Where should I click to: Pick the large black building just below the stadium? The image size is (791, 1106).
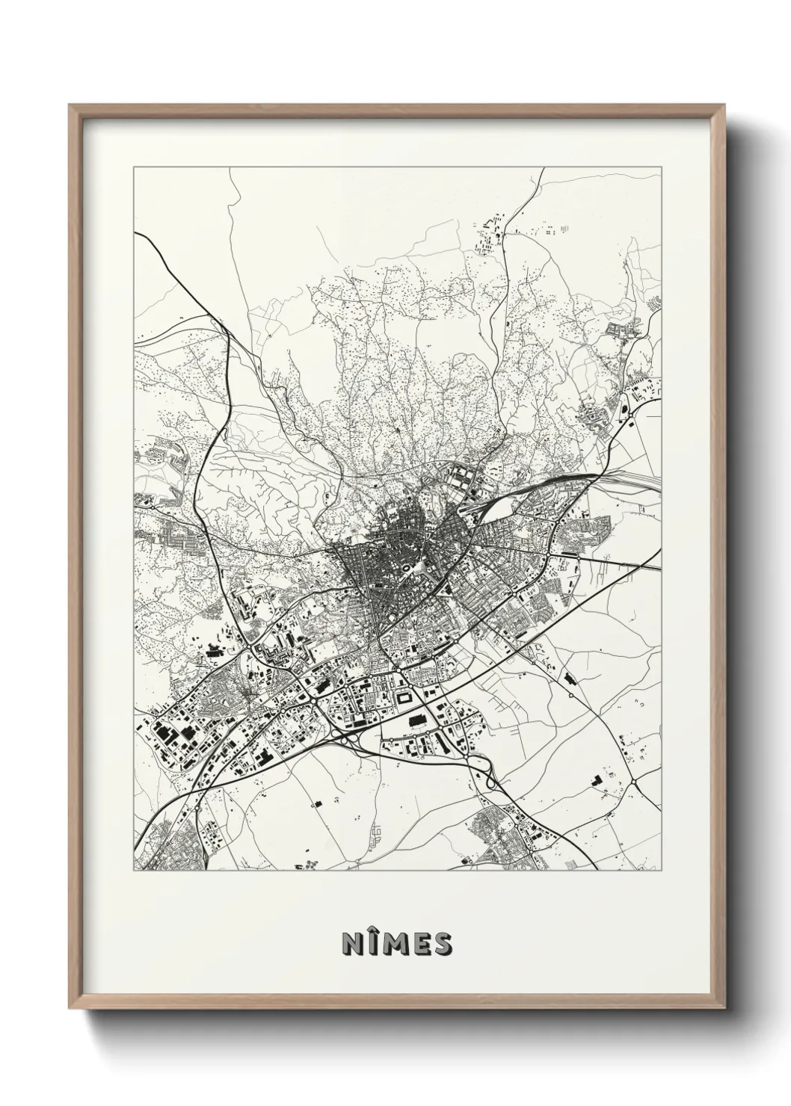click(416, 720)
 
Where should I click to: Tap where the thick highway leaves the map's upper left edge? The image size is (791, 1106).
click(135, 233)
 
